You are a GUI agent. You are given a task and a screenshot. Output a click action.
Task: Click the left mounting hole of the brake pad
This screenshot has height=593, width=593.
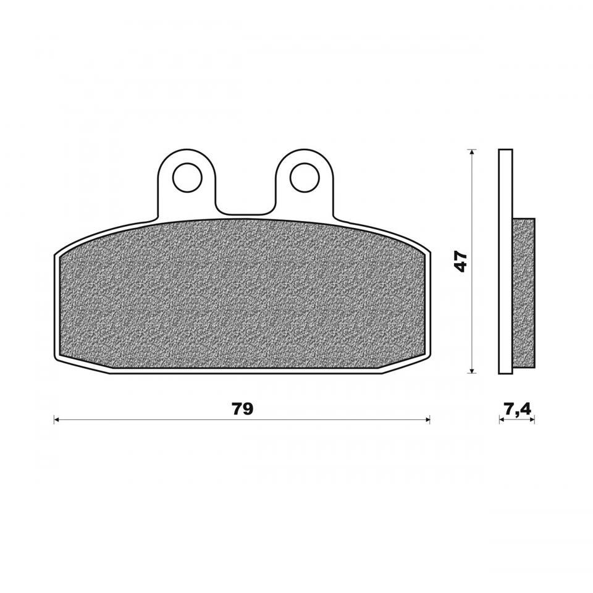(187, 177)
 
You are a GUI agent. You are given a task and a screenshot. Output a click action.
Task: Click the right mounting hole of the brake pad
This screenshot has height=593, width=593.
(305, 177)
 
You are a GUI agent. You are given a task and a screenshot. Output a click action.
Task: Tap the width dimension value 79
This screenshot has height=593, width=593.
(242, 409)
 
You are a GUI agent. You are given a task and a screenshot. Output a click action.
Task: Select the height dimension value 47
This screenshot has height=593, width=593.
(460, 261)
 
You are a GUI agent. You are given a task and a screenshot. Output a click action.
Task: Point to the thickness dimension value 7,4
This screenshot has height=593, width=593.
(517, 409)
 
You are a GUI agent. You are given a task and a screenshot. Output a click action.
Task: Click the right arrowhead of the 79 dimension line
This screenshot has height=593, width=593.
(427, 419)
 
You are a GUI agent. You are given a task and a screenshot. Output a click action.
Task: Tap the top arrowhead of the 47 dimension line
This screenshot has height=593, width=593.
(471, 152)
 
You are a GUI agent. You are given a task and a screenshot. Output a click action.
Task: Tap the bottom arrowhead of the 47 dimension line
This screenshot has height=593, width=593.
(471, 370)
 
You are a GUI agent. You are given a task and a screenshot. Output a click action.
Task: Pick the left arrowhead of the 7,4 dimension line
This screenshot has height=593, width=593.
(502, 419)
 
